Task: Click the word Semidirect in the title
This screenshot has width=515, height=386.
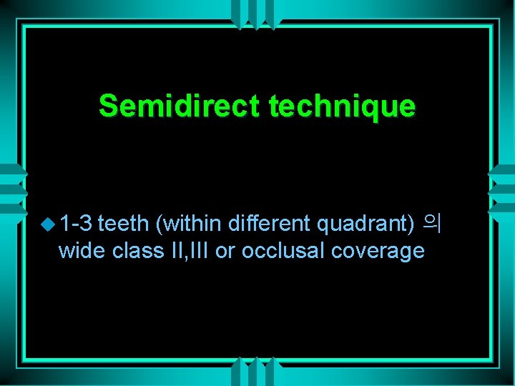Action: pos(180,106)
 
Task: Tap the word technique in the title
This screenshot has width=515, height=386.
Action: pos(341,106)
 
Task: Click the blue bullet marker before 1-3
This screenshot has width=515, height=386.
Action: pos(49,224)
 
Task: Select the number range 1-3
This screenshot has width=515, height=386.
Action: pos(77,224)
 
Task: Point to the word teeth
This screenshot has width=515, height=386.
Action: pos(123,224)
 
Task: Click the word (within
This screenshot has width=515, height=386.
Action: pos(189,224)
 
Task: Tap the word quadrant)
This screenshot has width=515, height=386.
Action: pos(366,224)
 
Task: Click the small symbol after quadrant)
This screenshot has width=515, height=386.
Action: pos(432,222)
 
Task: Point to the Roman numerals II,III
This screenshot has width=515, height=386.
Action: pos(190,252)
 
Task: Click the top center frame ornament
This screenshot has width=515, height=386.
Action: pos(257,10)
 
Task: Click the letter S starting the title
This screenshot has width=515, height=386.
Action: pos(108,106)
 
